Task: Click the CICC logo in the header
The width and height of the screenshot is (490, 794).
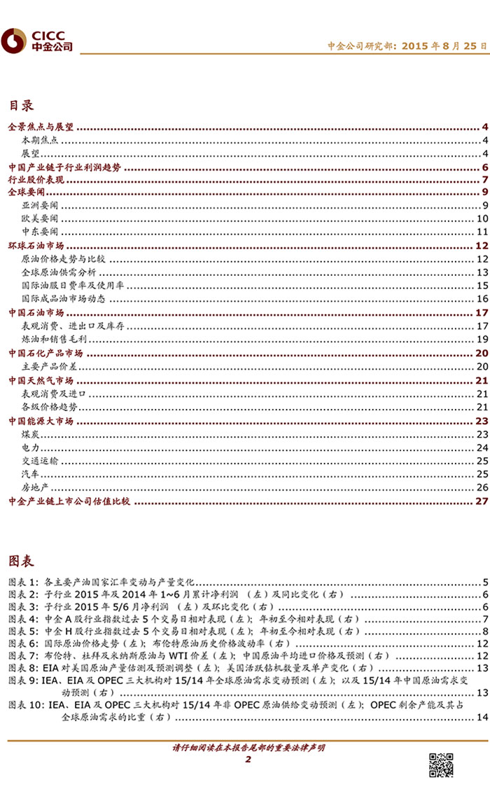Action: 36,41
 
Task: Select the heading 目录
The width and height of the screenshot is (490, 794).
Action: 21,106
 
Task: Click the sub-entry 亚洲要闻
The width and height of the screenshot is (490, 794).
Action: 40,205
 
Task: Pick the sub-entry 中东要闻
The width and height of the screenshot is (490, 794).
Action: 40,232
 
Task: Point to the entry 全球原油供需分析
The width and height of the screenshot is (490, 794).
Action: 59,272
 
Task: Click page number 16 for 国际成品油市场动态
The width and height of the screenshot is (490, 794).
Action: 482,299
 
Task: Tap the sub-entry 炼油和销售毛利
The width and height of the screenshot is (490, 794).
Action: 49,340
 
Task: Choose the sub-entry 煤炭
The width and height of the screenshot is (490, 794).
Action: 30,435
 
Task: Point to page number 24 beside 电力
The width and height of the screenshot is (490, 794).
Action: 482,447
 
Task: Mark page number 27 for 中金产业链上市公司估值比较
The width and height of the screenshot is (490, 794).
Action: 481,501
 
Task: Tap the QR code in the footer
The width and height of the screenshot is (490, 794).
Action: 441,765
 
